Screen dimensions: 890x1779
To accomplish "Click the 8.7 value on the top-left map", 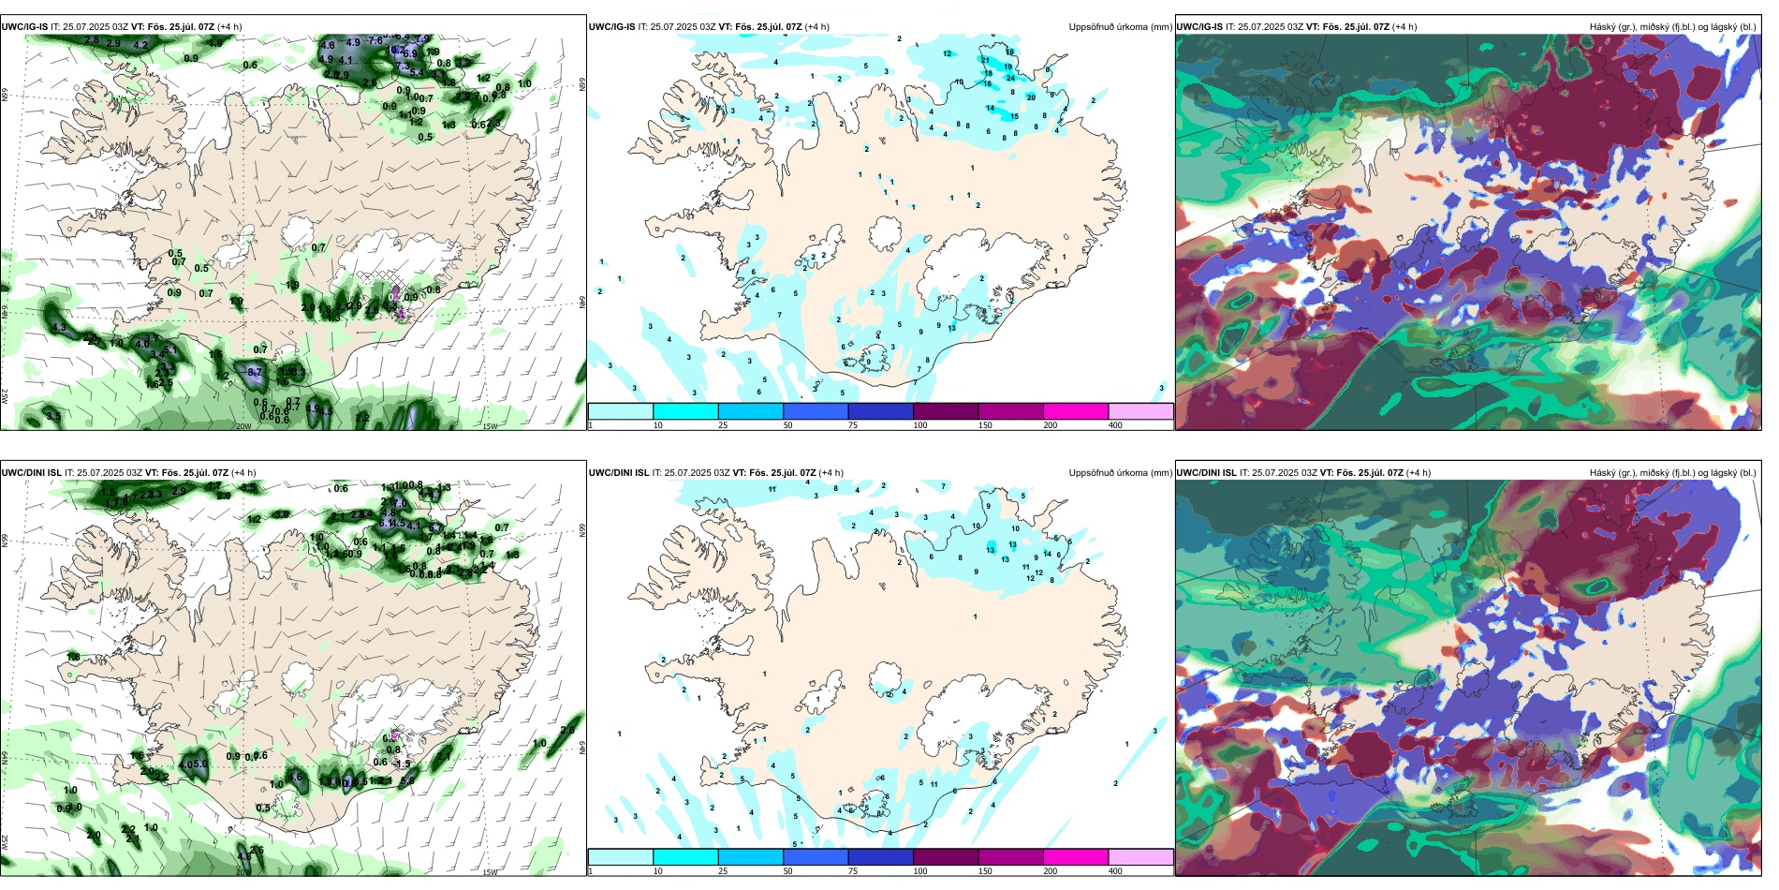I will (254, 373).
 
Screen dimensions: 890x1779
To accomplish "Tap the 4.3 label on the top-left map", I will (60, 328).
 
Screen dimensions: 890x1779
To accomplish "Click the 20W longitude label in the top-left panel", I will (243, 426).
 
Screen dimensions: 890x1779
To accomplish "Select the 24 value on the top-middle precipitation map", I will (1010, 78).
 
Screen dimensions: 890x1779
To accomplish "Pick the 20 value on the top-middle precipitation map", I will (1031, 97).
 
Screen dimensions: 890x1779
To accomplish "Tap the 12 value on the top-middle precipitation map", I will (948, 54).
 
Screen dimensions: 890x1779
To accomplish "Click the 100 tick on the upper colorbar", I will (919, 425).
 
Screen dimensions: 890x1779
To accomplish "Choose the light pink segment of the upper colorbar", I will (1140, 411).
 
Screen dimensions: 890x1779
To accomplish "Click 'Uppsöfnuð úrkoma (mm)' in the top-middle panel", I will (1120, 27).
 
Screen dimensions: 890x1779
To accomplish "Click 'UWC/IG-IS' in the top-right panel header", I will (1198, 27).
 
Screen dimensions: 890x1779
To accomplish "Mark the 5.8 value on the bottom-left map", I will (406, 780).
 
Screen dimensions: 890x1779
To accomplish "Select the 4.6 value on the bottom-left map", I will (296, 777).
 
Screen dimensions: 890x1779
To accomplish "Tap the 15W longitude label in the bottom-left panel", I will (489, 872).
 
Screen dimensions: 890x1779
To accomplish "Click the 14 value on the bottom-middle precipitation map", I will (1048, 555).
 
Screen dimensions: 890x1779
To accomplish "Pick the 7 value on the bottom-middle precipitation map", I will (943, 486).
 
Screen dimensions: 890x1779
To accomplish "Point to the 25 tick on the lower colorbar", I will (723, 871).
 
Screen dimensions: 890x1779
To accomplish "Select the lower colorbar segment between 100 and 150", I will (946, 857).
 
